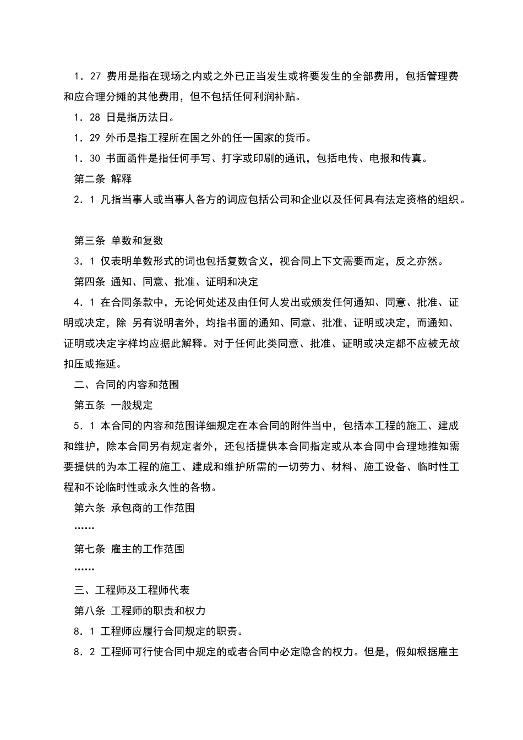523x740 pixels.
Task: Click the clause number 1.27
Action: pyautogui.click(x=87, y=77)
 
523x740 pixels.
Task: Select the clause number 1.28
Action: pyautogui.click(x=87, y=117)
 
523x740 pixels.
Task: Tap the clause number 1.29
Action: pyautogui.click(x=87, y=138)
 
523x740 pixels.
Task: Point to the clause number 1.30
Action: pyautogui.click(x=87, y=159)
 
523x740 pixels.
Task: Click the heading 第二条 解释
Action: pyautogui.click(x=103, y=179)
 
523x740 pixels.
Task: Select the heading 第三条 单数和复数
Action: pyautogui.click(x=118, y=241)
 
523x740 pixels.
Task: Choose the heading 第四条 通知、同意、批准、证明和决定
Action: pyautogui.click(x=166, y=282)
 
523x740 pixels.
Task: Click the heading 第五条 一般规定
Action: pyautogui.click(x=113, y=405)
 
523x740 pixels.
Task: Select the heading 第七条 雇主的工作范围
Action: pyautogui.click(x=129, y=549)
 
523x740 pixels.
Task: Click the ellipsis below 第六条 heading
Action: pyautogui.click(x=84, y=528)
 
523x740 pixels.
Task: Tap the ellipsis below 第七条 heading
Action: pyautogui.click(x=84, y=569)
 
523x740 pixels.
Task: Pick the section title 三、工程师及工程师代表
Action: pyautogui.click(x=132, y=590)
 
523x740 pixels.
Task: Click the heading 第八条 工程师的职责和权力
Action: pyautogui.click(x=140, y=611)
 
